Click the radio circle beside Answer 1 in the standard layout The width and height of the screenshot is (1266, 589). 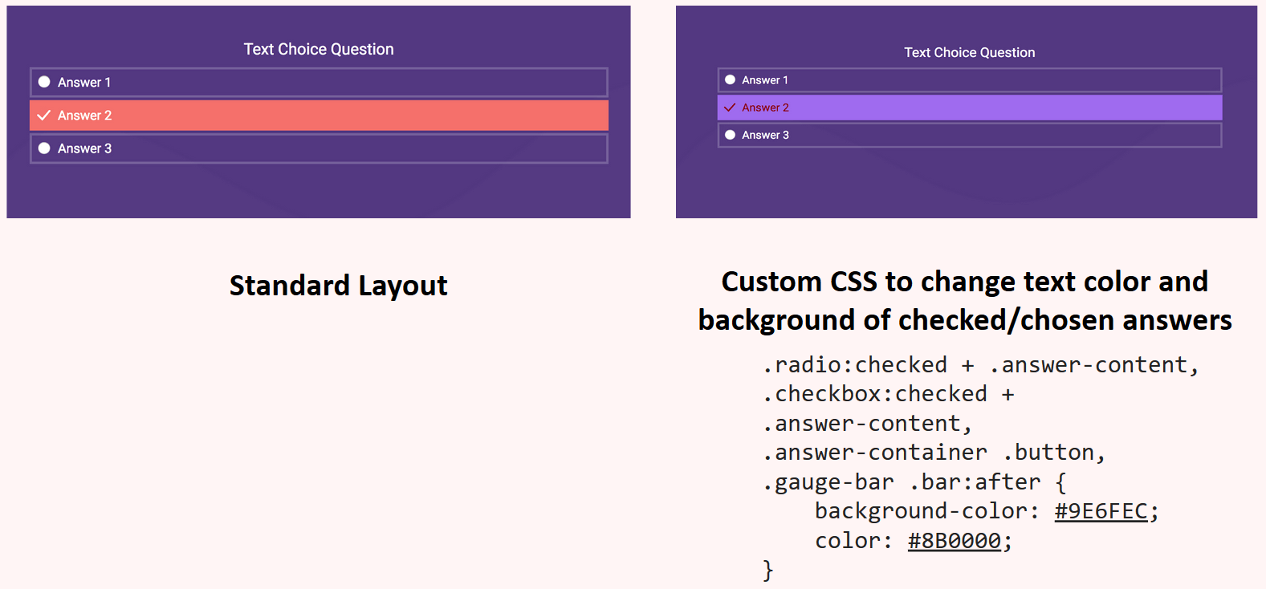point(44,82)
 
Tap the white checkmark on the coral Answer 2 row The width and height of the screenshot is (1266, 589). point(44,116)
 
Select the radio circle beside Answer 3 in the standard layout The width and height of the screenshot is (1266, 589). point(44,148)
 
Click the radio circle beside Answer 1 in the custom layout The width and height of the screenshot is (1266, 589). point(730,80)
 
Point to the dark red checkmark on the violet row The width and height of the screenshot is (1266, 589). point(730,108)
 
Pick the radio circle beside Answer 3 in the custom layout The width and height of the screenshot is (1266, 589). point(730,135)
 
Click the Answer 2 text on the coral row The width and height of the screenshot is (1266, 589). point(84,116)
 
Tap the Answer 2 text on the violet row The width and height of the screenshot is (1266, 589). point(765,108)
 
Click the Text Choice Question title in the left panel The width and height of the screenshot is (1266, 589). point(319,49)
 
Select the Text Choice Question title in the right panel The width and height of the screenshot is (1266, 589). point(969,53)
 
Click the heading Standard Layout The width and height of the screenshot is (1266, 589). point(338,286)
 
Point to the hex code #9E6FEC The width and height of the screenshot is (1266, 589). point(1101,511)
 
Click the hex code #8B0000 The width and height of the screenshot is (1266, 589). point(954,541)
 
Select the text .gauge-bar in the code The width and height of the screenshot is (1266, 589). point(828,482)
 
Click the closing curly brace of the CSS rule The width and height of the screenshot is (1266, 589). point(768,570)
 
